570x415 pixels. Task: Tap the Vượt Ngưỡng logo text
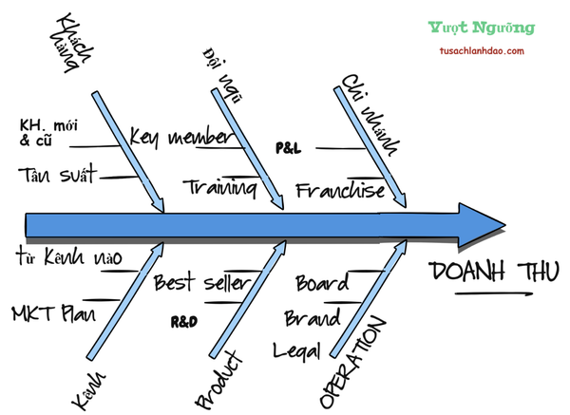pyautogui.click(x=482, y=28)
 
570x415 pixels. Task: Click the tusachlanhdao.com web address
pyautogui.click(x=483, y=50)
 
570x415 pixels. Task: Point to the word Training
pyautogui.click(x=220, y=187)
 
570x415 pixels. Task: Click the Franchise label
pyautogui.click(x=340, y=190)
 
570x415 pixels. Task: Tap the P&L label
pyautogui.click(x=287, y=149)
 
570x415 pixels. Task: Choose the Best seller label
pyautogui.click(x=200, y=282)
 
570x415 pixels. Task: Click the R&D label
pyautogui.click(x=183, y=322)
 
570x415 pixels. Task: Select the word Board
pyautogui.click(x=322, y=283)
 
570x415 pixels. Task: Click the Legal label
pyautogui.click(x=296, y=349)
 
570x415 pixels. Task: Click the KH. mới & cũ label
pyautogui.click(x=45, y=133)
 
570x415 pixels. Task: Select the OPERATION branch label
pyautogui.click(x=352, y=362)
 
